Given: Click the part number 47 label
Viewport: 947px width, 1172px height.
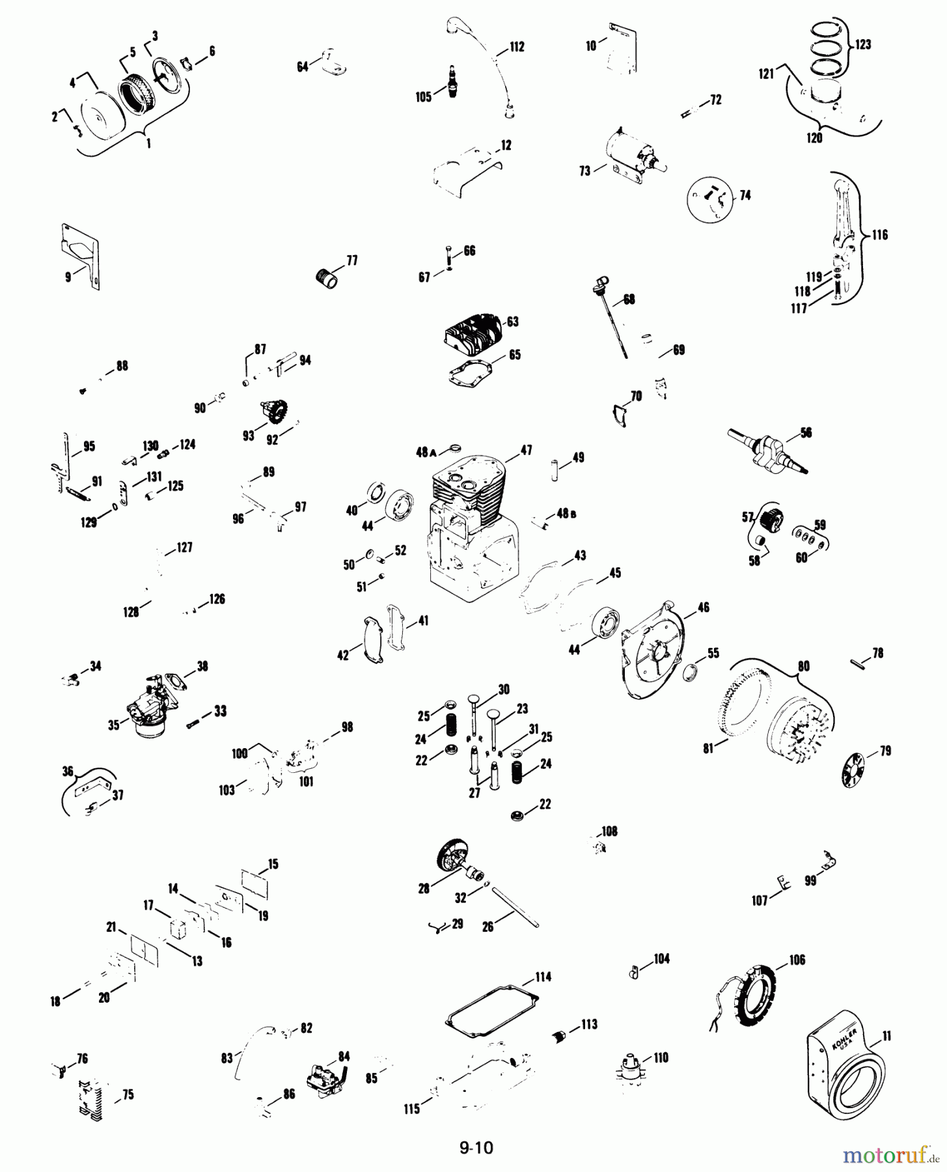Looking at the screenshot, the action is (x=526, y=449).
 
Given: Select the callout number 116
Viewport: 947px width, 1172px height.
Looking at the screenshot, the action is (x=880, y=234).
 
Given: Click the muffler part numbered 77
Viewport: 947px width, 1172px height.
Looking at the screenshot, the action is (x=327, y=281).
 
